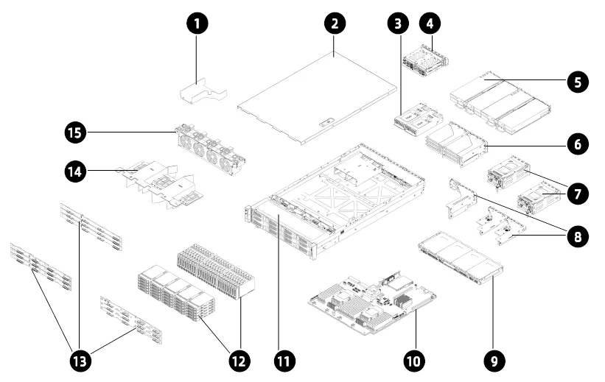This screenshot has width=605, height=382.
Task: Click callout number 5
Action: (x=577, y=82)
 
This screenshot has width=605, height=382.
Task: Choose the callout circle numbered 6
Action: (x=577, y=144)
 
